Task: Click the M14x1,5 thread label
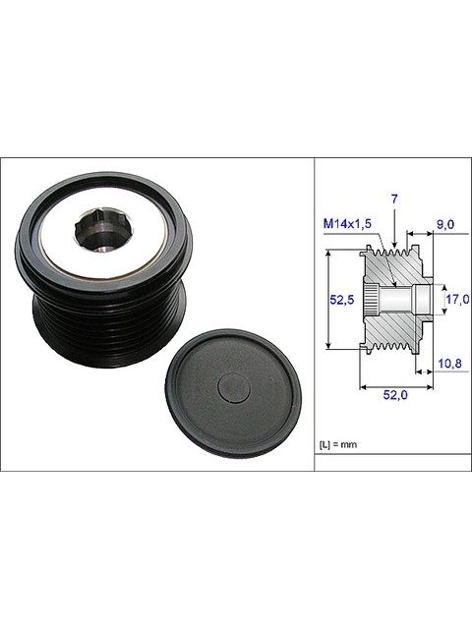(x=347, y=223)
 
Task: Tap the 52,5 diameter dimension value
(x=341, y=299)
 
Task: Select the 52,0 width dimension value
(x=395, y=395)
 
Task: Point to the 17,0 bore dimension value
(x=457, y=299)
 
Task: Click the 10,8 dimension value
(x=449, y=364)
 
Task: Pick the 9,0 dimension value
(x=445, y=224)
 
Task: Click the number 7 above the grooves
(x=394, y=199)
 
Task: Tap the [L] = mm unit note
(x=338, y=444)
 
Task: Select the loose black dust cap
(x=234, y=393)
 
